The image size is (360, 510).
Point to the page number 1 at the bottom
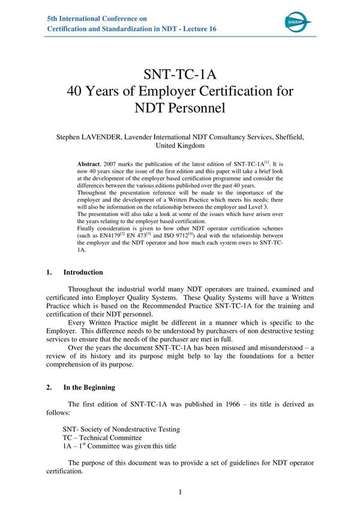coord(179,492)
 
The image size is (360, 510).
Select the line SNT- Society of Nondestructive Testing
coord(121,429)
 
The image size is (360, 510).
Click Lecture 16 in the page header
coord(197,29)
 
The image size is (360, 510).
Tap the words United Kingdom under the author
coord(179,146)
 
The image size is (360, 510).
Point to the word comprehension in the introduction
coord(73,363)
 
